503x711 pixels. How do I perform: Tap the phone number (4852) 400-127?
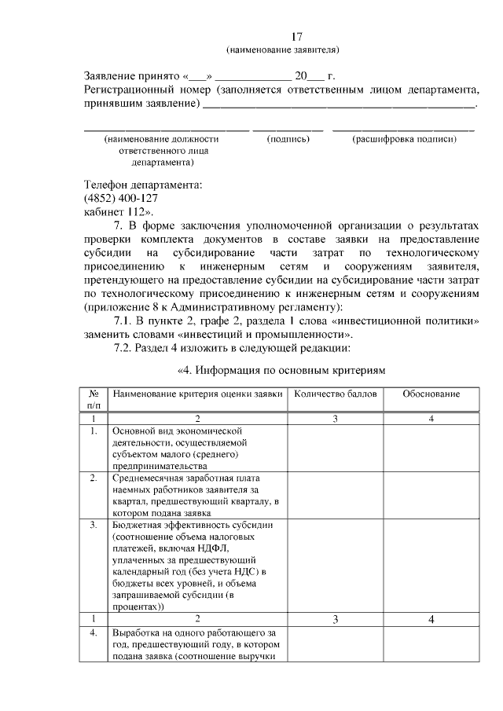tap(121, 198)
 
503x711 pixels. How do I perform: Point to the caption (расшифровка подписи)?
tap(404, 139)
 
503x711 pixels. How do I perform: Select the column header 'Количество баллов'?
tap(335, 393)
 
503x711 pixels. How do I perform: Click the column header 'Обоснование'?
tap(431, 393)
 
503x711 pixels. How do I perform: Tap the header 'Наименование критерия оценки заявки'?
tap(197, 393)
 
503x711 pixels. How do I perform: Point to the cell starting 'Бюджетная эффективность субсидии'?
tap(197, 565)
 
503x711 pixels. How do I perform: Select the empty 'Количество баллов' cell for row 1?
tap(335, 448)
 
